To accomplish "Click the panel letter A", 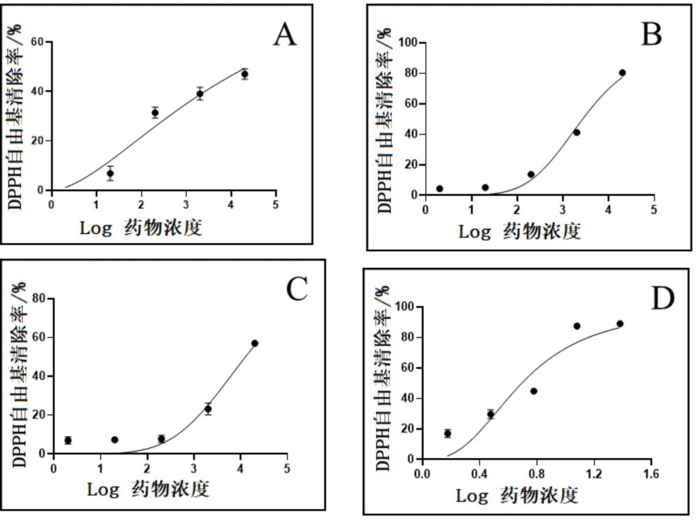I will tap(284, 34).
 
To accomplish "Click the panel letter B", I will tap(651, 34).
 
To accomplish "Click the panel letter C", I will tap(297, 289).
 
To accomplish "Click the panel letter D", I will tap(663, 299).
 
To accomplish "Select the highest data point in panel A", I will tap(244, 74).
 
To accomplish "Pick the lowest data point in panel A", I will tap(110, 173).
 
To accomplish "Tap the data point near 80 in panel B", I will tap(622, 73).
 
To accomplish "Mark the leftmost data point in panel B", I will tap(440, 188).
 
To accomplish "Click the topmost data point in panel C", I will tap(255, 343).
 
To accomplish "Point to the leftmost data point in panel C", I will tap(68, 440).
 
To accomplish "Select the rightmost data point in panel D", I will tap(620, 324).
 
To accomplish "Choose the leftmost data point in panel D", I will tap(447, 433).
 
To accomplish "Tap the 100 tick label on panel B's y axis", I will tap(408, 43).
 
